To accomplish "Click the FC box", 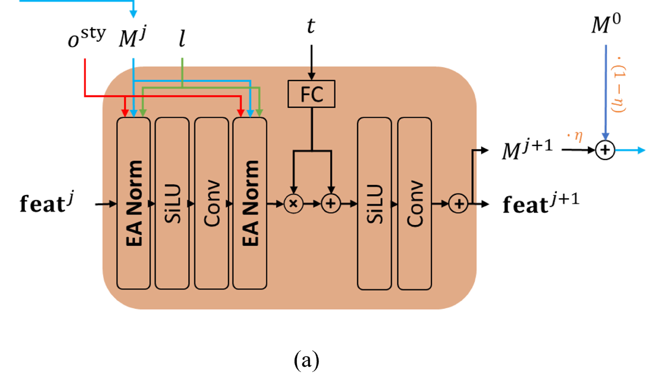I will [x=311, y=94].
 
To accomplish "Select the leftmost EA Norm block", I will [x=133, y=203].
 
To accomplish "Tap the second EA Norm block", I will [x=250, y=203].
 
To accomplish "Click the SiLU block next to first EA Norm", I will [x=172, y=203].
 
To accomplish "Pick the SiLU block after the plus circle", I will [x=374, y=203].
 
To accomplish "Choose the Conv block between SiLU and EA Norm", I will [x=211, y=203].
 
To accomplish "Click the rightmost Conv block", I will [x=414, y=203].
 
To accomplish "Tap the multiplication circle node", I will [x=293, y=203].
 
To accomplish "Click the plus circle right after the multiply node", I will [x=331, y=203].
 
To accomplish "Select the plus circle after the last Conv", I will [x=458, y=203].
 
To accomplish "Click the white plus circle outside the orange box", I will [x=605, y=150].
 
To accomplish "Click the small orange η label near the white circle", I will [x=577, y=136].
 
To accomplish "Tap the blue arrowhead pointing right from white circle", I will [x=642, y=150].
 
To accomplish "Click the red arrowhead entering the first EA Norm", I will [x=125, y=113].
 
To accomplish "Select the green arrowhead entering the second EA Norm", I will [x=259, y=113].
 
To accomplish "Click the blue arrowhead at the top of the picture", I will [x=133, y=14].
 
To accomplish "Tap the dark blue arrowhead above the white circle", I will [x=605, y=136].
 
